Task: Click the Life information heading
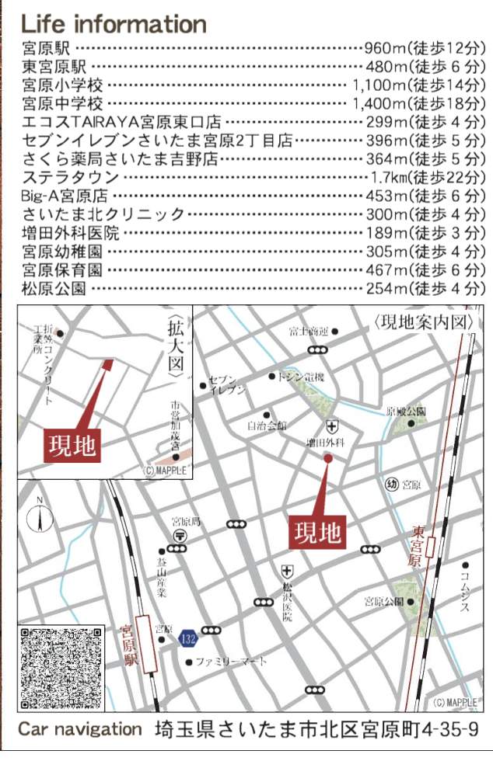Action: [114, 23]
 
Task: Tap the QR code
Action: [61, 666]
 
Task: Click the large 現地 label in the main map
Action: [317, 533]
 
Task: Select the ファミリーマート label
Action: [231, 662]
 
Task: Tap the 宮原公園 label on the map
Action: [383, 601]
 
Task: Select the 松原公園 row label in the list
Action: [54, 289]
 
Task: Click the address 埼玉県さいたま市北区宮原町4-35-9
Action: [316, 731]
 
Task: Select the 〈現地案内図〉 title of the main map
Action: [423, 321]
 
